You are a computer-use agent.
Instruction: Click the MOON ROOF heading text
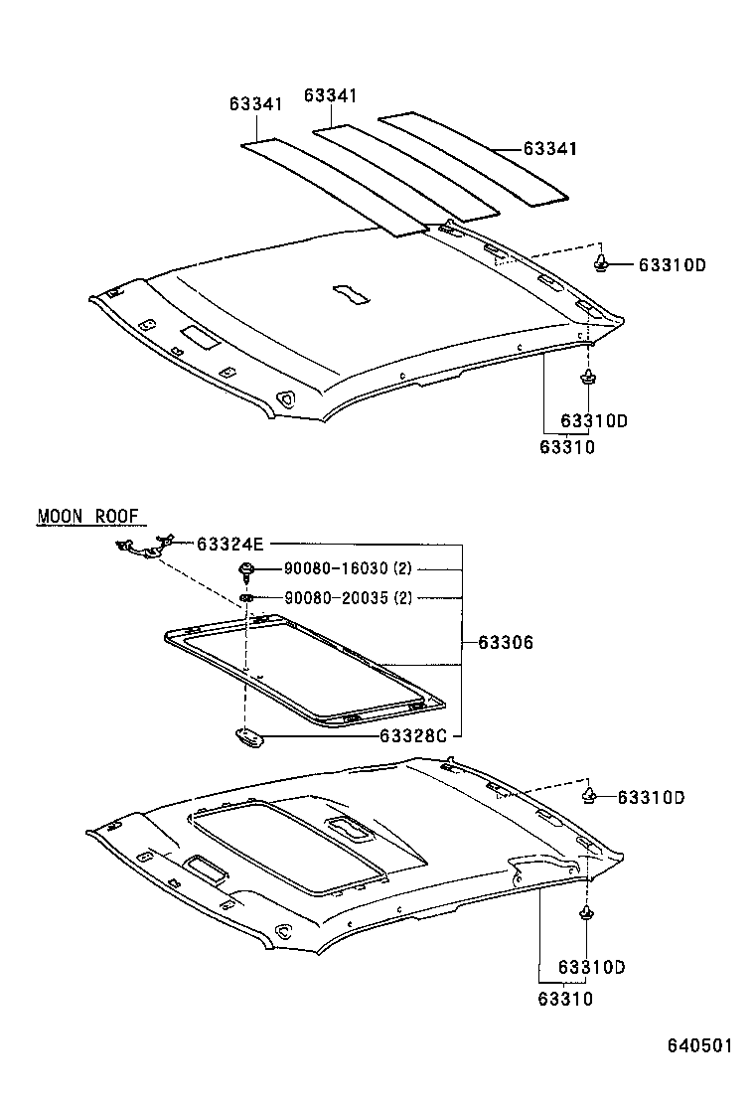tap(90, 516)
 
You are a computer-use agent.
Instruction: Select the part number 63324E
tap(230, 544)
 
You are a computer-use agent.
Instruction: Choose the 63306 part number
tap(506, 643)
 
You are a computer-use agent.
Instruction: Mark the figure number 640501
tap(699, 1045)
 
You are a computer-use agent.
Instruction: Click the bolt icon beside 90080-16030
tap(244, 570)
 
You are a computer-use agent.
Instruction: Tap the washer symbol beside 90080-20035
tap(245, 597)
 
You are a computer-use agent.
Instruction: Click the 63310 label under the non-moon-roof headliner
tap(566, 447)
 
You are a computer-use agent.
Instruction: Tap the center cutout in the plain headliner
tap(350, 292)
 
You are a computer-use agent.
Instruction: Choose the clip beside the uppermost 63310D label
tap(602, 263)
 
